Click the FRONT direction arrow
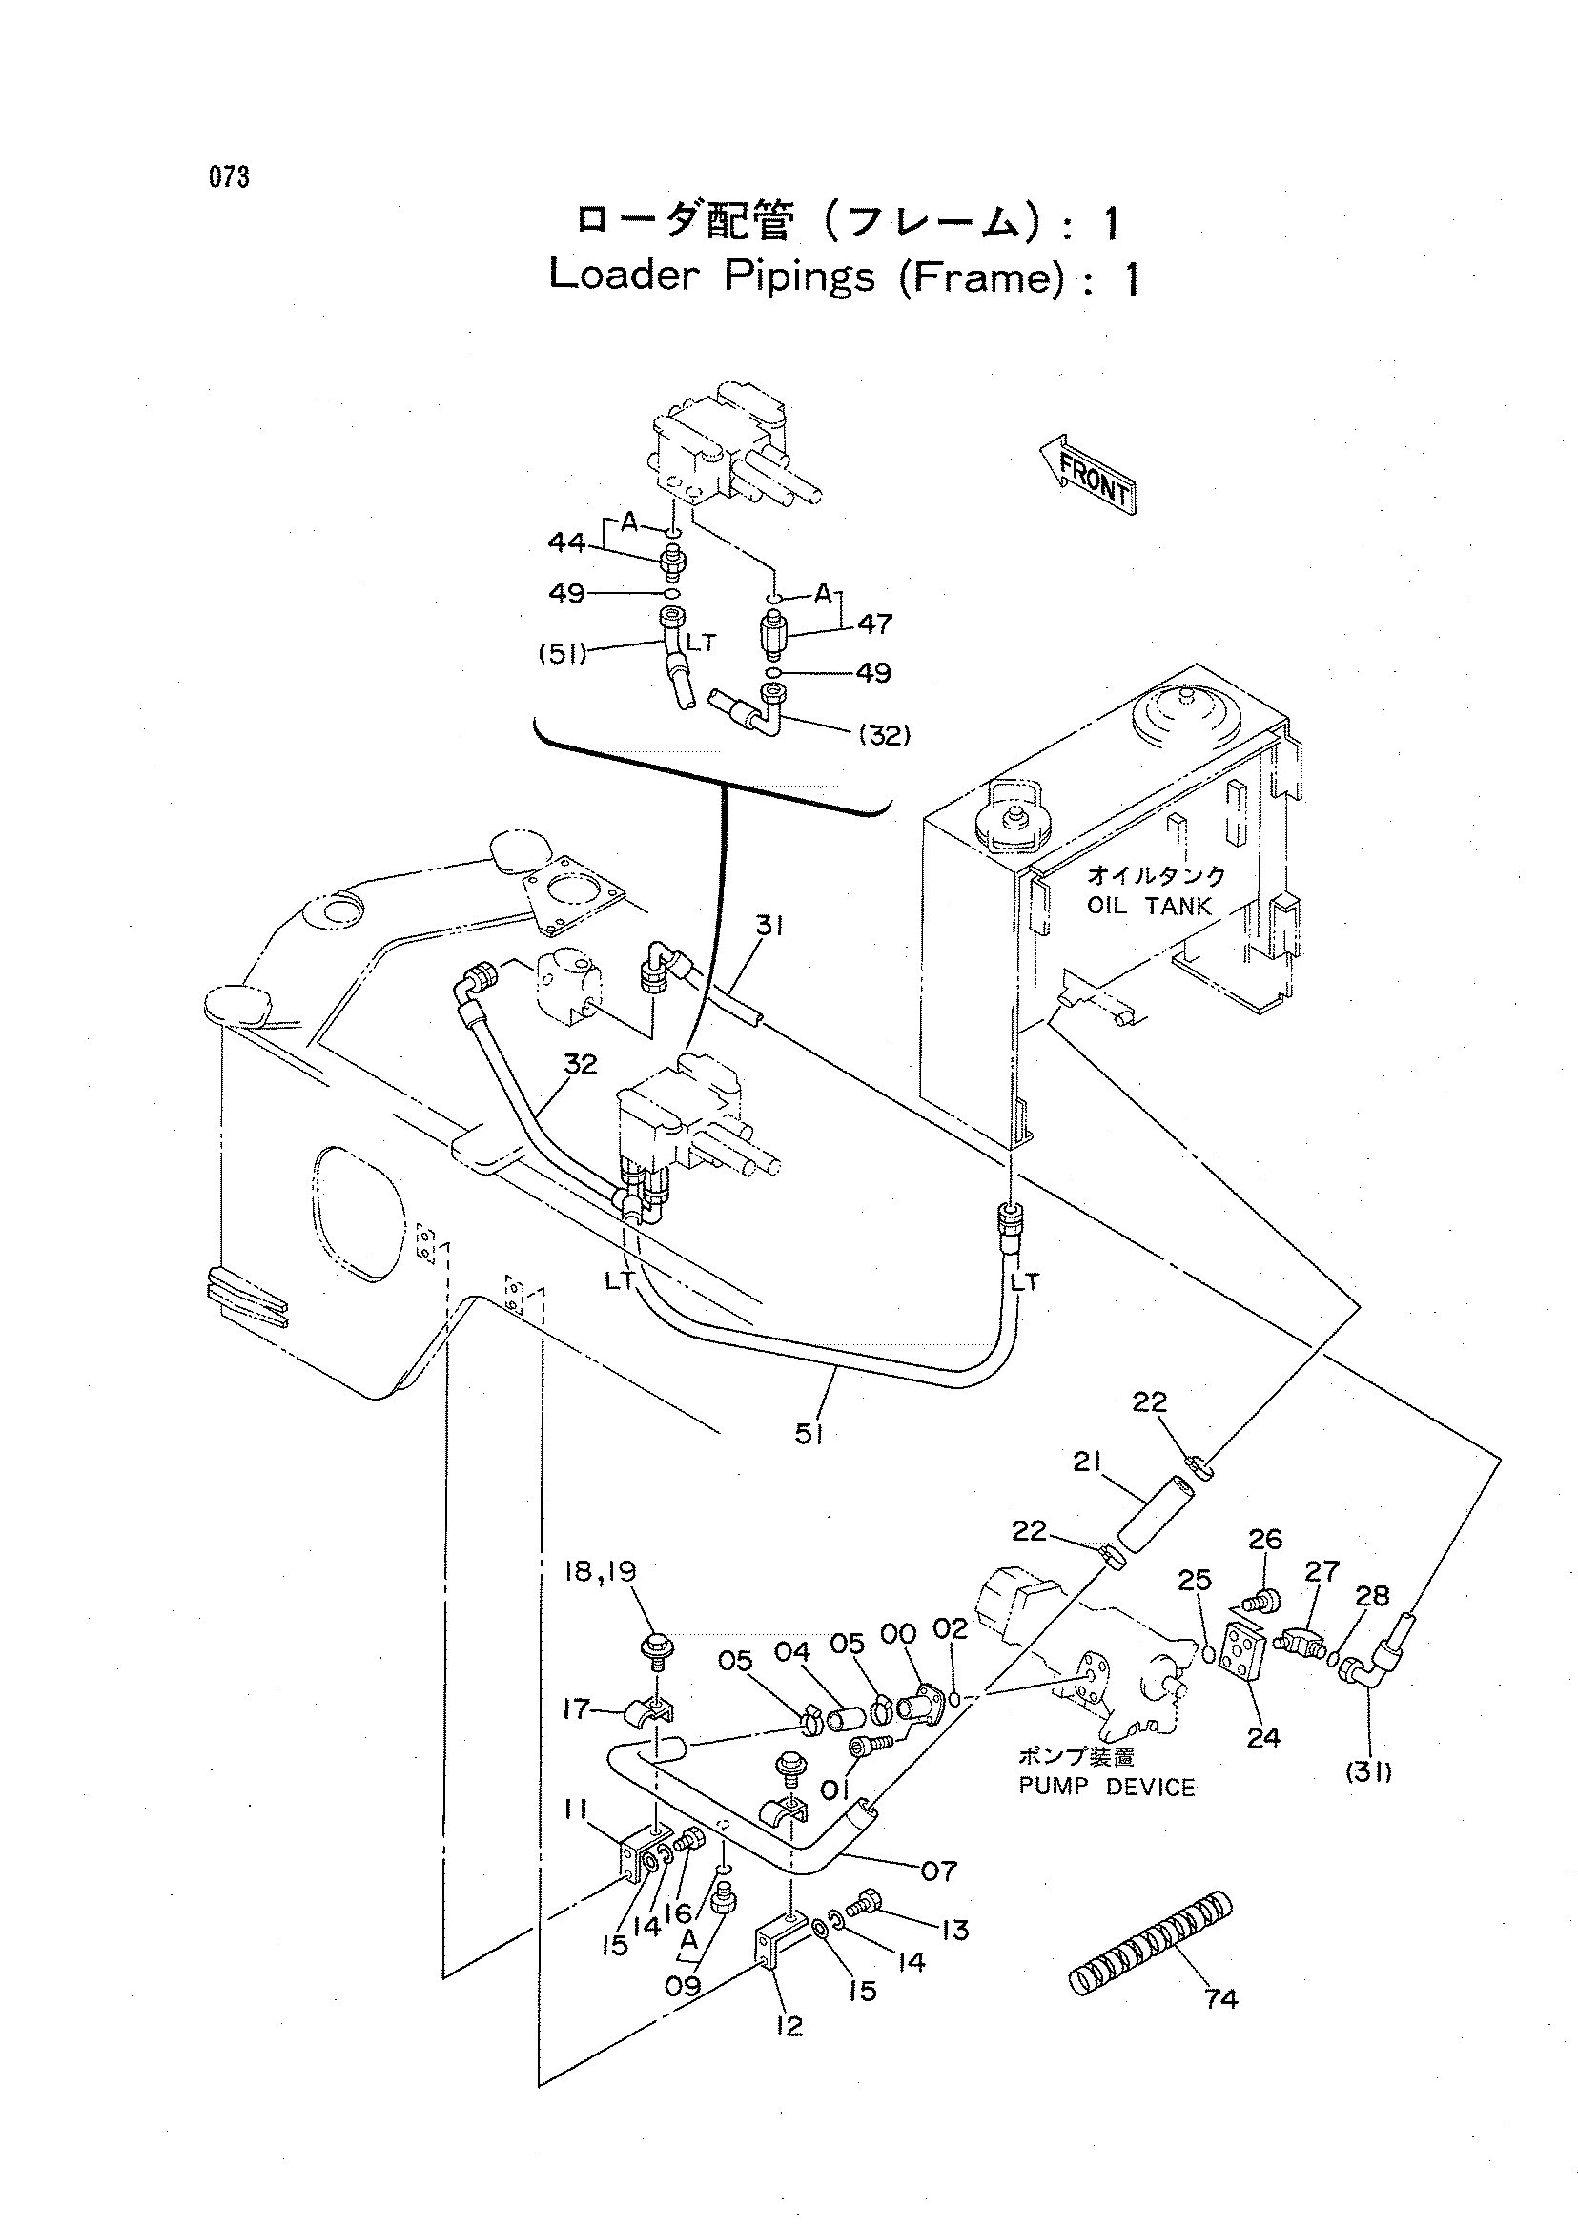coord(1086,474)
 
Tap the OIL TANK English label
coord(1150,907)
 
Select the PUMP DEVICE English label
coord(1107,1787)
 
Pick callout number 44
coord(566,542)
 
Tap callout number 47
coord(874,624)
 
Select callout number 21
coord(1088,1462)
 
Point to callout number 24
coord(1263,1737)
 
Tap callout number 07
coord(938,1871)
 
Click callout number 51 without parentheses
coord(809,1433)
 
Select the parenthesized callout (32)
coord(884,736)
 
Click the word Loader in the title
coord(624,276)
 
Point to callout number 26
coord(1265,1539)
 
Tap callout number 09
coord(682,1985)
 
